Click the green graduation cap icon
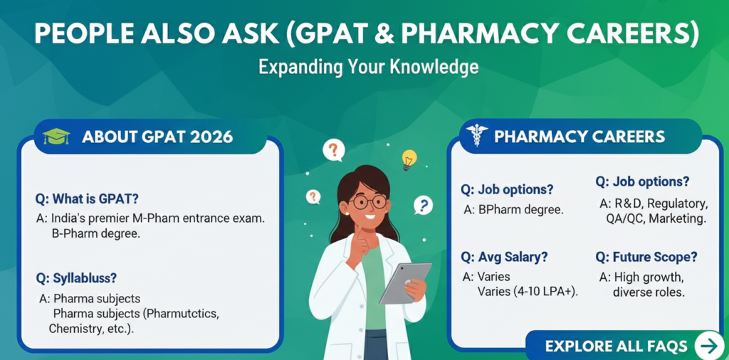[56, 137]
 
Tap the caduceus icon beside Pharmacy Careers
[476, 135]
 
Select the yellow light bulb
[409, 159]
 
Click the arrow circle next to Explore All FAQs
[709, 346]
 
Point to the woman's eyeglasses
[368, 201]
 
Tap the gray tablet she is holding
[405, 283]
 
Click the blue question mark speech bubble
[423, 204]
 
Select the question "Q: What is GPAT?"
[87, 198]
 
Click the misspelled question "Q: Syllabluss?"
[76, 278]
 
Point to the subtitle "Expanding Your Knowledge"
[368, 68]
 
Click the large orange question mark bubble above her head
[334, 150]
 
